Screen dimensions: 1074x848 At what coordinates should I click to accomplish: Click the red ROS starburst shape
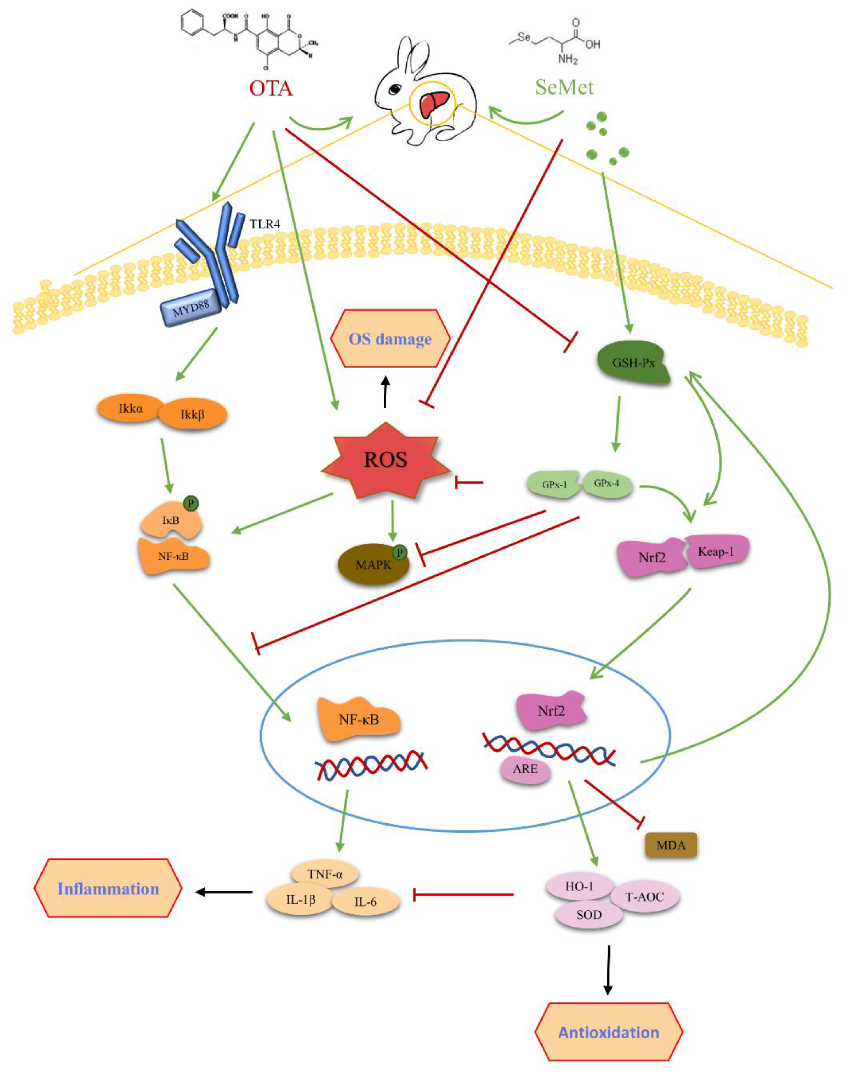[x=386, y=460]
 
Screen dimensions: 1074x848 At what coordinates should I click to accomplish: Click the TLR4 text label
[x=265, y=224]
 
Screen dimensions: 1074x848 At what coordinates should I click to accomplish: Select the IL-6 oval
[x=365, y=902]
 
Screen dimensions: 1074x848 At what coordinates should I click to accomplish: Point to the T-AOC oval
[x=644, y=897]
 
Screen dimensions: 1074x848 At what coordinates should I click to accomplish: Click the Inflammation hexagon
[x=108, y=888]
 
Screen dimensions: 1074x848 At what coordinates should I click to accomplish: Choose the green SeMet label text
[x=564, y=87]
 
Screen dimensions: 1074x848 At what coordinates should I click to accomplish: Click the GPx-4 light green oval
[x=607, y=483]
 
